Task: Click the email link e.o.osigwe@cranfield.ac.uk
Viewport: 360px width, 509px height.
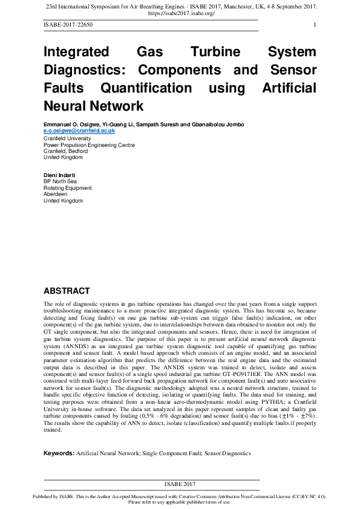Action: (x=79, y=131)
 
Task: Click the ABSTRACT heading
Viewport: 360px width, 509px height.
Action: (x=67, y=291)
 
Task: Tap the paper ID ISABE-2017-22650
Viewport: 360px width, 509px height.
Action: (x=68, y=25)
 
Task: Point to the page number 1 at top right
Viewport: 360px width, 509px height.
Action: (x=315, y=25)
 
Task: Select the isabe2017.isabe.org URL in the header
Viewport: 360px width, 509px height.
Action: (x=181, y=13)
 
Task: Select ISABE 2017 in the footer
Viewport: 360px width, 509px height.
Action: (x=180, y=484)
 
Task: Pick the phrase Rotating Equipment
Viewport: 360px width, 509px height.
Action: (x=68, y=187)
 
